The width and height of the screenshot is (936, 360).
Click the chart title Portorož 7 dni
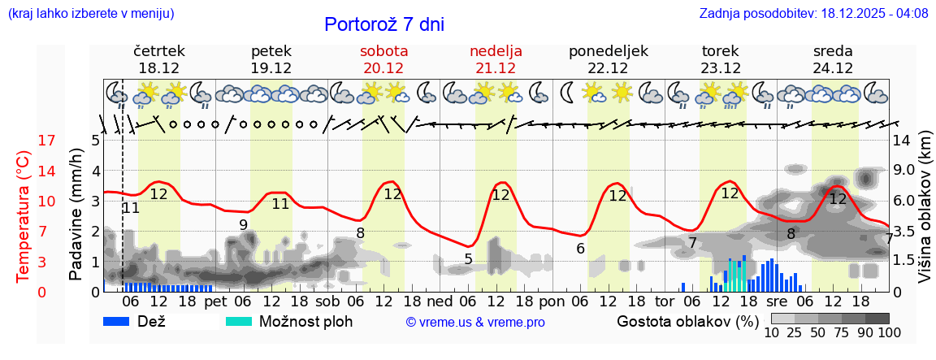coord(384,24)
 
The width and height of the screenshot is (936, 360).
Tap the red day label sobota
coord(383,51)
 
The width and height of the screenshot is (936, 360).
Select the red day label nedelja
coord(496,51)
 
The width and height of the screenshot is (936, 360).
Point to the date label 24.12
coord(833,68)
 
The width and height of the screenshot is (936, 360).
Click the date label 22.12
coord(609,68)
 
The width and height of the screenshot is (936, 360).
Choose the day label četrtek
coord(159,51)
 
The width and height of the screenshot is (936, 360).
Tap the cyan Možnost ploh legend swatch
coord(239,321)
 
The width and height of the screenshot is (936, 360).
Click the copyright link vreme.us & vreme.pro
coord(475,323)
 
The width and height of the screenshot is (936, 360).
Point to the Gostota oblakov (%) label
coord(687,321)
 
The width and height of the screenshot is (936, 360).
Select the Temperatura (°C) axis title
coord(24,216)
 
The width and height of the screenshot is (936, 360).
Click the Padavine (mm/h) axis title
coord(76,215)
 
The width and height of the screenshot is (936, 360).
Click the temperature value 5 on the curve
coord(468,259)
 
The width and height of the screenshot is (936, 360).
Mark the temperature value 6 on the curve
coord(580,249)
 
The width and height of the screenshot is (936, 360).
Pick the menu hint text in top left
coord(91,13)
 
